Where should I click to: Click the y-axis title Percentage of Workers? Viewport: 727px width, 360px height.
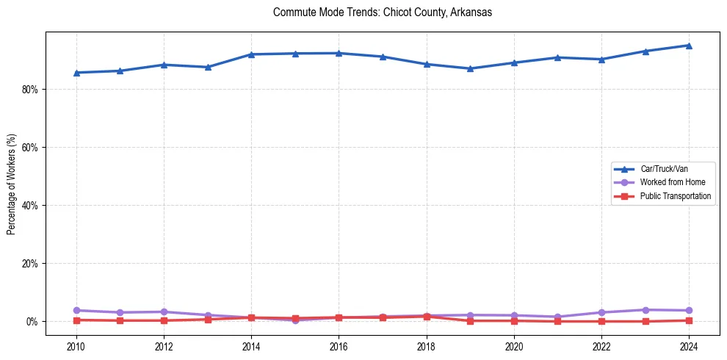(x=11, y=184)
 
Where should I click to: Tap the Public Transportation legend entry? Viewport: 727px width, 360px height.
(x=675, y=196)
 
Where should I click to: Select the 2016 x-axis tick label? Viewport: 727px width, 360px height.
(x=339, y=346)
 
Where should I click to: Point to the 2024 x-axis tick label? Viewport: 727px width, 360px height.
(x=689, y=346)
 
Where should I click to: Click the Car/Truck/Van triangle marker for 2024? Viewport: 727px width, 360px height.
(x=689, y=46)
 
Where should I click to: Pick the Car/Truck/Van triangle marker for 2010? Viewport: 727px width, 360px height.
(x=76, y=73)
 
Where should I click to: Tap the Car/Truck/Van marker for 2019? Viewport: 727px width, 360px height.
(x=470, y=68)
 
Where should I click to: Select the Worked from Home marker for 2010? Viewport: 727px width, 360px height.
(x=76, y=311)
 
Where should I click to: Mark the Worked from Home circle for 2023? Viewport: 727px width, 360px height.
(x=645, y=310)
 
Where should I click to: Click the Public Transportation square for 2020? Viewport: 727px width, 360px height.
(x=514, y=320)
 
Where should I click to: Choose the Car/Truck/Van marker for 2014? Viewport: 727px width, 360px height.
(x=251, y=54)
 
